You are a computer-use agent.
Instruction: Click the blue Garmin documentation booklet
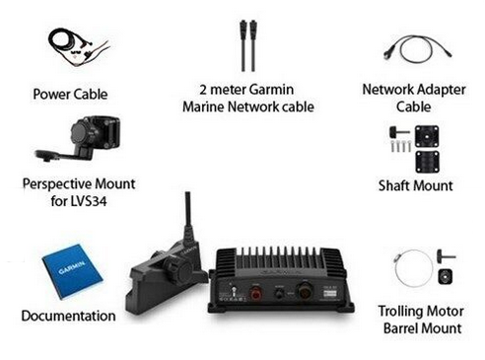(73, 271)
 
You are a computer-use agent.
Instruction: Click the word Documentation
(68, 316)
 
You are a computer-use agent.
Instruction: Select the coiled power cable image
(78, 47)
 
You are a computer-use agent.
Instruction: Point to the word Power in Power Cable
(52, 95)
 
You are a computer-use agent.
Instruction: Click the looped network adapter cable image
(417, 49)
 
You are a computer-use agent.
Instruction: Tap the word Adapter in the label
(442, 90)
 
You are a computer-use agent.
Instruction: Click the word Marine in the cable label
(203, 107)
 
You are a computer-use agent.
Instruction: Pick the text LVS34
(88, 201)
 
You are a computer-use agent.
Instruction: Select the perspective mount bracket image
(81, 139)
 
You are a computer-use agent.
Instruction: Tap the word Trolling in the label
(399, 311)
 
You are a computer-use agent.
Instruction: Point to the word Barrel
(400, 328)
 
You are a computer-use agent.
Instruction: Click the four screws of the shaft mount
(401, 146)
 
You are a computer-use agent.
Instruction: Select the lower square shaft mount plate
(428, 162)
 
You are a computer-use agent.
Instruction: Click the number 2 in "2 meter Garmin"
(203, 90)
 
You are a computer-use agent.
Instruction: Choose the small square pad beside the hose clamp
(446, 276)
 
